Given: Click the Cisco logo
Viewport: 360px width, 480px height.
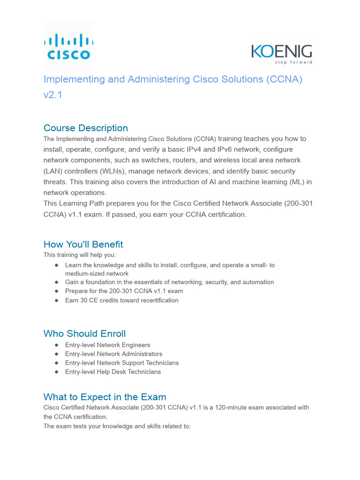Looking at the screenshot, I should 68,46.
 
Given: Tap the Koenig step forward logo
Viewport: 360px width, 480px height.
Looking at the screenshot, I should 282,54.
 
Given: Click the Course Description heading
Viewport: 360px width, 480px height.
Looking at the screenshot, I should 85,128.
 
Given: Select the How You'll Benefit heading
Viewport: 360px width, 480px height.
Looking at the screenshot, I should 83,244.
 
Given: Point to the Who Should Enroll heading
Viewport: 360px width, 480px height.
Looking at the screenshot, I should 84,333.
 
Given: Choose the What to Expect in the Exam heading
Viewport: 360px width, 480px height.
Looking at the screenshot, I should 105,397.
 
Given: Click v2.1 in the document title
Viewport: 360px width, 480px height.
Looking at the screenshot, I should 52,95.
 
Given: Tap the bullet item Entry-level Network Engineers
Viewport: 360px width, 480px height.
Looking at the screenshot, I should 107,345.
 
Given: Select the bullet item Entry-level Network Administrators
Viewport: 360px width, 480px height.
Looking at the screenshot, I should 113,354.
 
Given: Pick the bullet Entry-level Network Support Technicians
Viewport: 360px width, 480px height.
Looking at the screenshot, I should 122,363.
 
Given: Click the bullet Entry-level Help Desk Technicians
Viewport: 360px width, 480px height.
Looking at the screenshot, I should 112,372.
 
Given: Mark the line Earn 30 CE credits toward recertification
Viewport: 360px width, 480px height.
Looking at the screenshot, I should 121,300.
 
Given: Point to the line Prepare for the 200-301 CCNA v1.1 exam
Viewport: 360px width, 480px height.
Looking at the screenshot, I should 124,291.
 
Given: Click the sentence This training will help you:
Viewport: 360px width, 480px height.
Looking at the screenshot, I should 79,255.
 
